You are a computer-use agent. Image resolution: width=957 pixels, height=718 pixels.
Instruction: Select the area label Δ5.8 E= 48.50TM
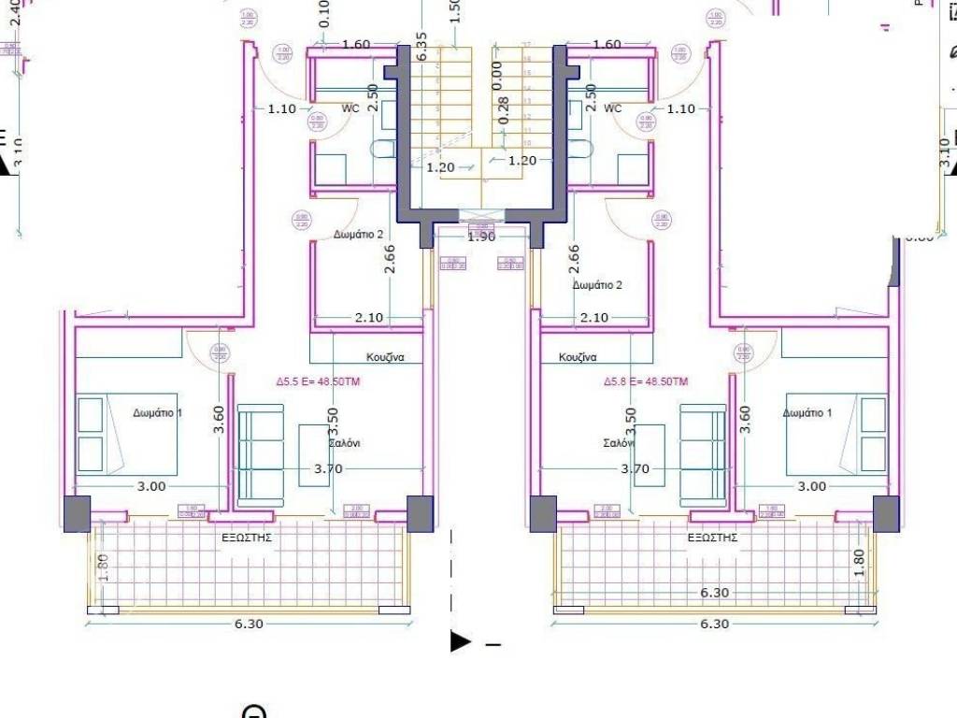(646, 381)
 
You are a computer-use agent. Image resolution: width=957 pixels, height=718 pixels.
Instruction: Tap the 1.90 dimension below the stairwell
(480, 237)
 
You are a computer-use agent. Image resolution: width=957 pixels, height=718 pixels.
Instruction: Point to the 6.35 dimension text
(421, 47)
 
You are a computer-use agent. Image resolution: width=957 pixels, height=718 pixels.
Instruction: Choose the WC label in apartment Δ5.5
(350, 108)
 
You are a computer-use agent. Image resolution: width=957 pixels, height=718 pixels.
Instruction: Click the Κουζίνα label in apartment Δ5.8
(578, 357)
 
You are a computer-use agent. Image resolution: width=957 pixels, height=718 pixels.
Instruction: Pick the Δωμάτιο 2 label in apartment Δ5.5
(358, 235)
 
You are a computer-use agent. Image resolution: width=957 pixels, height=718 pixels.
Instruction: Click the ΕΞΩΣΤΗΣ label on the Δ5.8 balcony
(713, 538)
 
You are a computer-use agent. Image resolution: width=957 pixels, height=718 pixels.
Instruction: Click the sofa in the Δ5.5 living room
(261, 455)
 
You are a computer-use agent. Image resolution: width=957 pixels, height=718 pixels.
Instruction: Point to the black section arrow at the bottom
(461, 641)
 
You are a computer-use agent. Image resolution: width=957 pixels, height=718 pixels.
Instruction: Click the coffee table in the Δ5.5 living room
(314, 455)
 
